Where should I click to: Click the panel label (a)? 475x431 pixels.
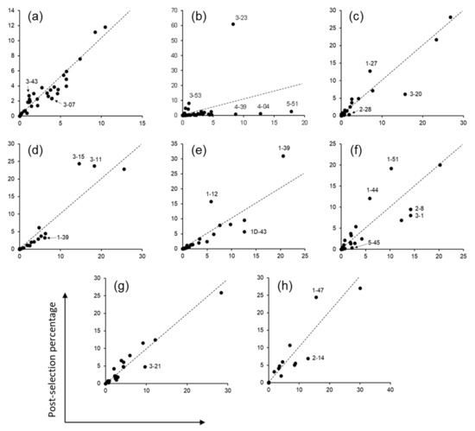[x=35, y=16]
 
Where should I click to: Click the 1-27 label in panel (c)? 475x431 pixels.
[x=370, y=63]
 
